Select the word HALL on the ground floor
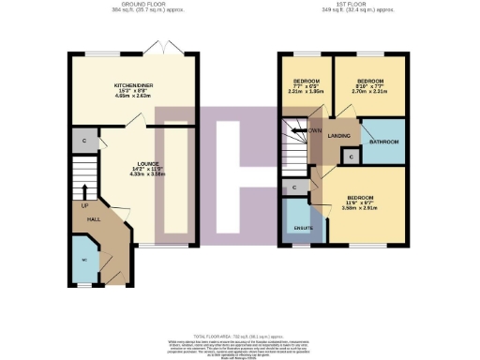94,218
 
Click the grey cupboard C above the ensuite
294,188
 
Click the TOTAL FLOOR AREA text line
238,335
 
